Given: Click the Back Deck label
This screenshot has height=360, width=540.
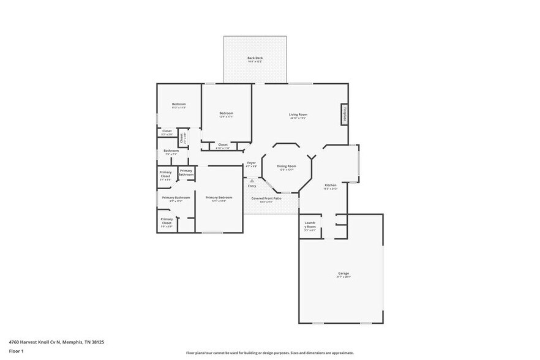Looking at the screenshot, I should [x=255, y=58].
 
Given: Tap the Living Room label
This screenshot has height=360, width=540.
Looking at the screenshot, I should [x=298, y=114].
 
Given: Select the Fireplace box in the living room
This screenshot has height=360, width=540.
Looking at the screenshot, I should [x=344, y=114].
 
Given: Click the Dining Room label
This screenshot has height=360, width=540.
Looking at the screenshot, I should [x=287, y=167].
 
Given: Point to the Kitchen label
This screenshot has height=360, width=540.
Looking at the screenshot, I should [x=331, y=185].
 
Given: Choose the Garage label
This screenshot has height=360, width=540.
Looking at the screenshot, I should [x=343, y=274].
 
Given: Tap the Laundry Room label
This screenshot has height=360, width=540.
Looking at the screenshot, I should [x=310, y=227].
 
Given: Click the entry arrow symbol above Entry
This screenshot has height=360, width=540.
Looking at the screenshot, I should [x=252, y=181].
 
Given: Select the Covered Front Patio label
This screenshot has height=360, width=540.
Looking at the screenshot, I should [x=266, y=198].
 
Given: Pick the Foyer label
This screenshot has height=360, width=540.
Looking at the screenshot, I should [x=251, y=163].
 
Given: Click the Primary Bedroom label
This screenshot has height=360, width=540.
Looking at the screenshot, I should [x=219, y=198].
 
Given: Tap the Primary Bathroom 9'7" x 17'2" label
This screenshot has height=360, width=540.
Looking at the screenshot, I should [x=176, y=198].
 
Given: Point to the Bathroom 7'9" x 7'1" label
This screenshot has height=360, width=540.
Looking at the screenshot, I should [x=171, y=151].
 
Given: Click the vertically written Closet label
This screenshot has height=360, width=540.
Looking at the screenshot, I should [x=182, y=138].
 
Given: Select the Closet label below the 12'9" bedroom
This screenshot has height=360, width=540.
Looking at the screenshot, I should [x=223, y=145].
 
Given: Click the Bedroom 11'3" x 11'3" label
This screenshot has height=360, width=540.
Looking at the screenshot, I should [x=179, y=105].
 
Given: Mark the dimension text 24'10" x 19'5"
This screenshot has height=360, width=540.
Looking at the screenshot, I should [x=298, y=118].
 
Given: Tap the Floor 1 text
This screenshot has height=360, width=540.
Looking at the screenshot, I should [x=16, y=351].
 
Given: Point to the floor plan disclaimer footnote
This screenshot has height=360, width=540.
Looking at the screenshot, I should [x=269, y=353].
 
